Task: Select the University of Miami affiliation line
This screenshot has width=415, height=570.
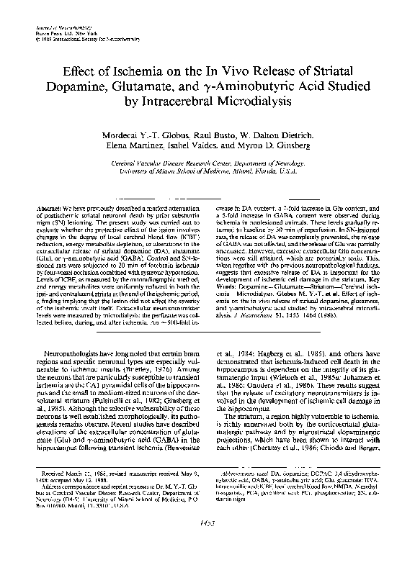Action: pyautogui.click(x=207, y=173)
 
